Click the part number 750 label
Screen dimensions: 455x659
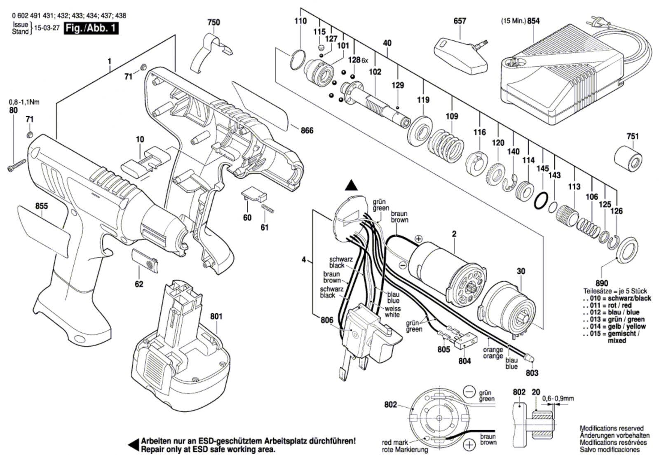pyautogui.click(x=213, y=23)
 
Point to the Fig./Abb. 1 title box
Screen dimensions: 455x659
pyautogui.click(x=91, y=29)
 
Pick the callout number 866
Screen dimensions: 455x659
pyautogui.click(x=307, y=131)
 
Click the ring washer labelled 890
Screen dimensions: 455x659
pyautogui.click(x=626, y=250)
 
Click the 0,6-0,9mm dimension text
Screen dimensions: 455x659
pyautogui.click(x=558, y=398)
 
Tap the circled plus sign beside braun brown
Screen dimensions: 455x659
pyautogui.click(x=469, y=444)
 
